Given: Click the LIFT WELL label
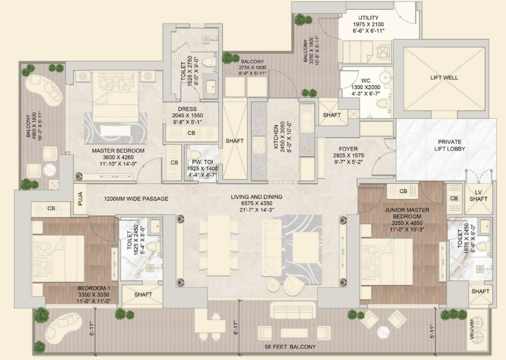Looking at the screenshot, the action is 444,78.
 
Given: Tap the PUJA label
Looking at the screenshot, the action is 80,199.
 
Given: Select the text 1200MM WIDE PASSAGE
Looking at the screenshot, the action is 136,199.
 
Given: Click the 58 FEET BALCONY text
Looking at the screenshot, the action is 290,347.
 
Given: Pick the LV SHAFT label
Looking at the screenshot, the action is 479,196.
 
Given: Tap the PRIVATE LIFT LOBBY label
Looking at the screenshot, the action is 450,145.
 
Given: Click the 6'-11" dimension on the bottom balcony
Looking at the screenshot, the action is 236,328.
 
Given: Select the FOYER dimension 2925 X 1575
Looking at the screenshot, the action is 349,156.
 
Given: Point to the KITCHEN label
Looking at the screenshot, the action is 276,137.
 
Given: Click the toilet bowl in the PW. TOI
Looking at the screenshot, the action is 193,154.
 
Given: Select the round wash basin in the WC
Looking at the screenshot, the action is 385,77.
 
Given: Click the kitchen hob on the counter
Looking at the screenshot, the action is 259,145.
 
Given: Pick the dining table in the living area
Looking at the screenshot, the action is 219,245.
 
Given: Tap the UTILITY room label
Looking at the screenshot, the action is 368,18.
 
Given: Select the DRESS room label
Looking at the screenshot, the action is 187,109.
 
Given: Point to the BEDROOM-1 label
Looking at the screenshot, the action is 94,288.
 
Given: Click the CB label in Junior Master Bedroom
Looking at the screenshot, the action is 403,191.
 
